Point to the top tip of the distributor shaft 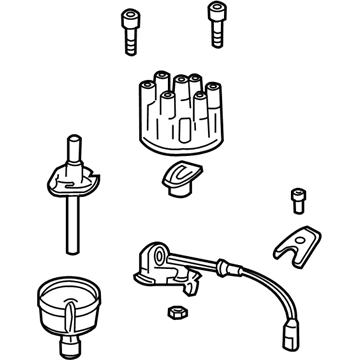(73, 140)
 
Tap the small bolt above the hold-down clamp (295, 198)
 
